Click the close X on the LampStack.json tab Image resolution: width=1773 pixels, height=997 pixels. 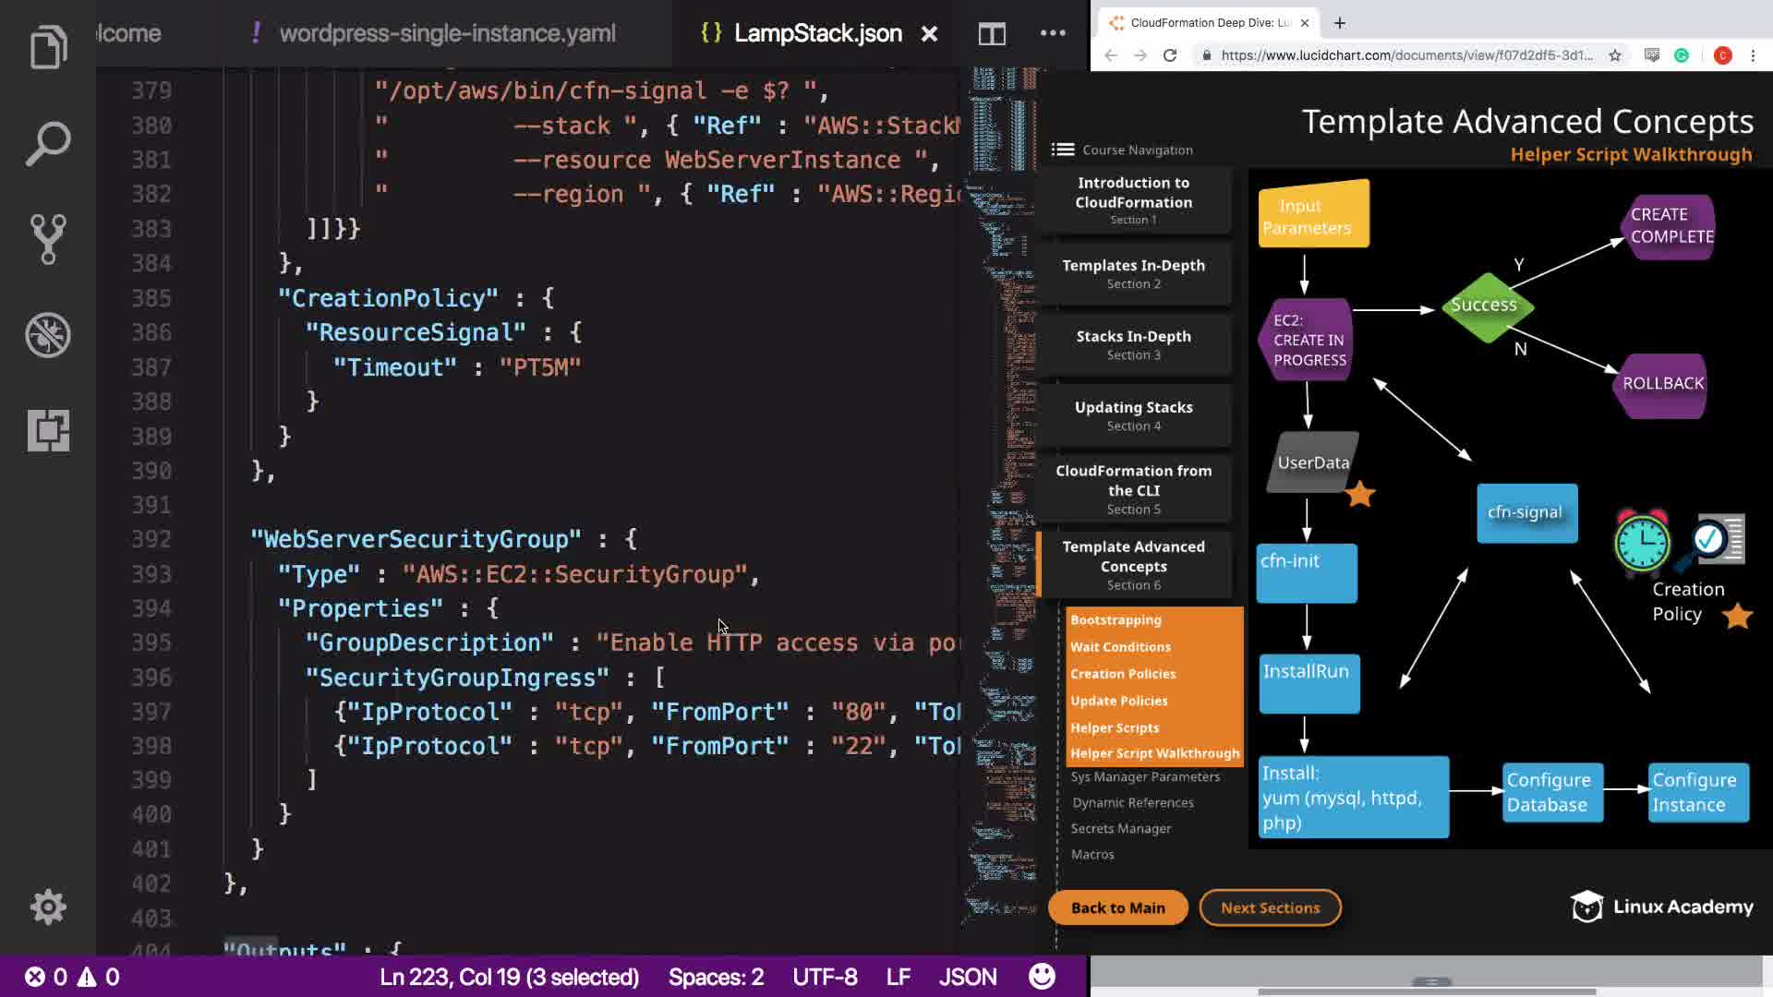tap(929, 34)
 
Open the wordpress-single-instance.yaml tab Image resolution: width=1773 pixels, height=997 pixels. tap(447, 34)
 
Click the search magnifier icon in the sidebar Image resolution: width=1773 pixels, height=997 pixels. tap(48, 143)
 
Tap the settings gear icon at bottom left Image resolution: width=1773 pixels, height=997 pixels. tap(48, 907)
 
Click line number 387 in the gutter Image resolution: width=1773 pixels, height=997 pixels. tap(151, 367)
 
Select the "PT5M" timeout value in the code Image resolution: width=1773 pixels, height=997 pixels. tap(540, 367)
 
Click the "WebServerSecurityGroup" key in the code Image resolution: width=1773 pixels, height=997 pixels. tap(416, 539)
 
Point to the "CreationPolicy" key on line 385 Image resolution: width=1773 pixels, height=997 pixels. tap(388, 298)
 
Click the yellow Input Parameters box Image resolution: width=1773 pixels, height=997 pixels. tap(1313, 215)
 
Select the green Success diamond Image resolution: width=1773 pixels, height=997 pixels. tap(1483, 306)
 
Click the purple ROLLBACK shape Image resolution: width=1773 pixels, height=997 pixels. tap(1663, 384)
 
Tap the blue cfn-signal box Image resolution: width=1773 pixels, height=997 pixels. tap(1526, 513)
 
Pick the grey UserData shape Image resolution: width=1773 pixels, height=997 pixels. tap(1313, 462)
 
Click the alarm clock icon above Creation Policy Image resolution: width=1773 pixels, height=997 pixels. tap(1642, 541)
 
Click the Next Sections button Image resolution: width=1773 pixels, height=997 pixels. tap(1270, 908)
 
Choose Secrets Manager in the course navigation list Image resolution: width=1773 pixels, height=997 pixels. tap(1121, 829)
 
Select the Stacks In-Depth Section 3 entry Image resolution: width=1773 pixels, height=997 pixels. tap(1133, 344)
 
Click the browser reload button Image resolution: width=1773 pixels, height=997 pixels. tap(1170, 55)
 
